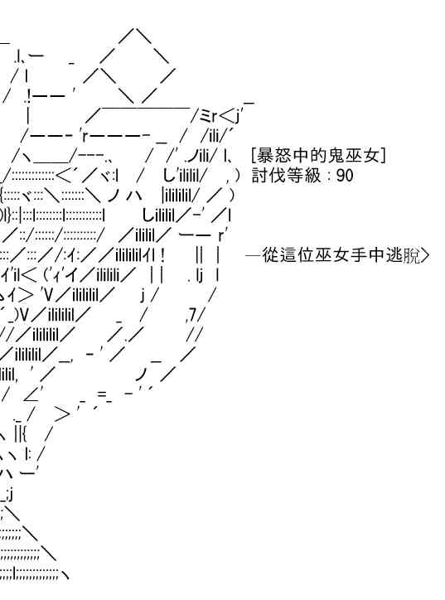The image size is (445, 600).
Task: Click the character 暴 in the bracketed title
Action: pyautogui.click(x=265, y=156)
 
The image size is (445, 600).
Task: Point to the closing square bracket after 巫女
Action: pyautogui.click(x=384, y=156)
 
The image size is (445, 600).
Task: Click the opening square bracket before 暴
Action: pyautogui.click(x=254, y=156)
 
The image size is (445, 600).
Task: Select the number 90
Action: pyautogui.click(x=345, y=176)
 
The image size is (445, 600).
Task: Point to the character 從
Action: pyautogui.click(x=270, y=255)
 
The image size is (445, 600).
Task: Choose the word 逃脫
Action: pyautogui.click(x=403, y=255)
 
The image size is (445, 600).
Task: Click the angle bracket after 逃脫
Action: pyautogui.click(x=425, y=255)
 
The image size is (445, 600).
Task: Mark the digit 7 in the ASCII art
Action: pyautogui.click(x=192, y=315)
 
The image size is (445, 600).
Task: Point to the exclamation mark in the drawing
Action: pyautogui.click(x=163, y=254)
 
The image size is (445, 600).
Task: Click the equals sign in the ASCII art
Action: pyautogui.click(x=103, y=394)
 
